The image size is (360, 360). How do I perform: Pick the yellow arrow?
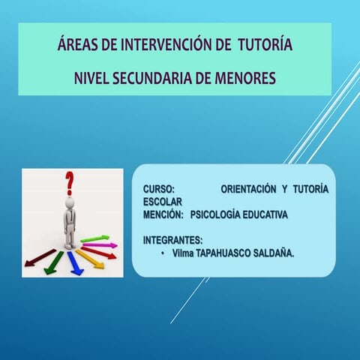(x=89, y=259)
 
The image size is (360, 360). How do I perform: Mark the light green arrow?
(x=95, y=238)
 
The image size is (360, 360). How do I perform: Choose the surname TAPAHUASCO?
(x=225, y=254)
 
